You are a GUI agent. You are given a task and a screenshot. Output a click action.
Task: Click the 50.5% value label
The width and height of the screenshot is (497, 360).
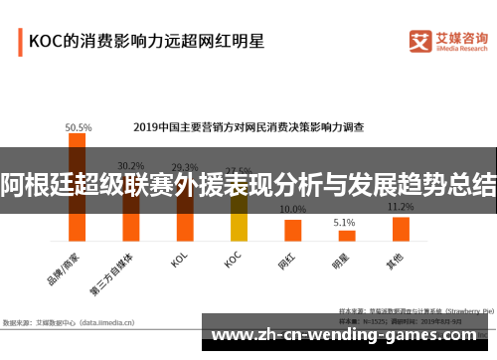[x=79, y=127]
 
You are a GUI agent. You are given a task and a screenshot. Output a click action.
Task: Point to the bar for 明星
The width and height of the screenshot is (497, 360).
[x=346, y=236]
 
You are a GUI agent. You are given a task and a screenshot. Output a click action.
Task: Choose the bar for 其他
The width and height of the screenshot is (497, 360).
[x=401, y=230]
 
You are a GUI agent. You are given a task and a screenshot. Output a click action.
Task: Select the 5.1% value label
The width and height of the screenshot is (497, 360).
[x=345, y=222]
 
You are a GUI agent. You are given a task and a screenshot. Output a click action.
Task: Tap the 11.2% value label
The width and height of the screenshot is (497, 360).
[x=401, y=207]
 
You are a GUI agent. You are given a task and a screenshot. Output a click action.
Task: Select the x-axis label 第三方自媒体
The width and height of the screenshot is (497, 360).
[x=117, y=271]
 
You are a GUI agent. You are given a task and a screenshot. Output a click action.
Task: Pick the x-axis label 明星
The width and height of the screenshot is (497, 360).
[x=341, y=261]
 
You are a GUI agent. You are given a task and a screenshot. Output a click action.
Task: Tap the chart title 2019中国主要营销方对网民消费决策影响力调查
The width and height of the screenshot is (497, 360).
[x=248, y=127]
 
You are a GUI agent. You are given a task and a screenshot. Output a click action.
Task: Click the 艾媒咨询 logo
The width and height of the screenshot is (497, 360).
[x=448, y=39]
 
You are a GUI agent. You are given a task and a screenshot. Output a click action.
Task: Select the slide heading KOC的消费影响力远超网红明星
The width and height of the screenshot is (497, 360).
[x=146, y=42]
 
